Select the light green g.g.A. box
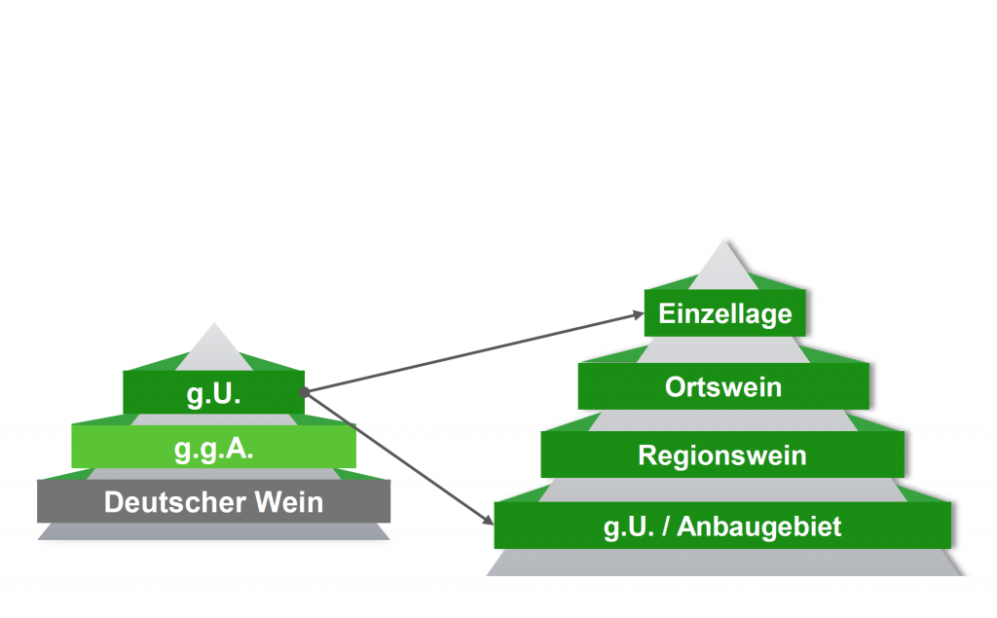point(213,449)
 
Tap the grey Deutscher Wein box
point(213,502)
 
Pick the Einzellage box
point(725,314)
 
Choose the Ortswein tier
point(723,386)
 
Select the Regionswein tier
point(722,454)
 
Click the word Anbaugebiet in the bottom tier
point(758,527)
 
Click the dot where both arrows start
point(305,392)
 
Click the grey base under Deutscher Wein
point(213,531)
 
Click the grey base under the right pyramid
point(722,563)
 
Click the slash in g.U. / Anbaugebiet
point(664,527)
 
